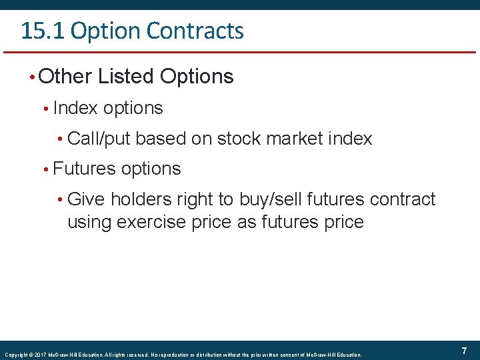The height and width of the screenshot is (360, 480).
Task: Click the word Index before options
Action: point(75,108)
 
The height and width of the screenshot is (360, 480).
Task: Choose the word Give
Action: point(87,199)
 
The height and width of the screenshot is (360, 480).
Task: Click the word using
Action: point(89,223)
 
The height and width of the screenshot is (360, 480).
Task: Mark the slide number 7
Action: point(463,351)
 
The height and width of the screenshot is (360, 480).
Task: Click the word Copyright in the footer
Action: point(15,355)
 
